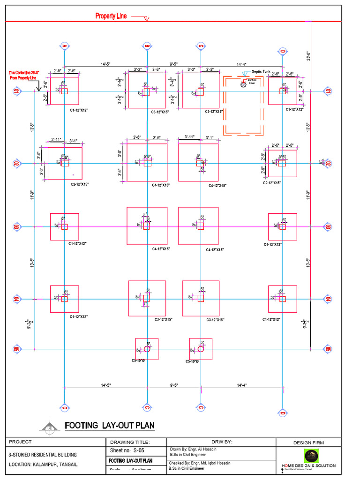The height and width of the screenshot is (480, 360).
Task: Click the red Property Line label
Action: pyautogui.click(x=111, y=16)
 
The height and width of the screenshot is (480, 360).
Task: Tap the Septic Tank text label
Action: pyautogui.click(x=261, y=72)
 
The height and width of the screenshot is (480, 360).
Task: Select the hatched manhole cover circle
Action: pyautogui.click(x=243, y=84)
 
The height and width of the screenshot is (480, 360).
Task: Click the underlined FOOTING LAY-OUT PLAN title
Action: pyautogui.click(x=109, y=426)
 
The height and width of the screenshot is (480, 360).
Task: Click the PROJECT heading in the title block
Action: pyautogui.click(x=20, y=442)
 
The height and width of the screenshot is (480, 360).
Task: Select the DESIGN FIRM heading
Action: pyautogui.click(x=308, y=442)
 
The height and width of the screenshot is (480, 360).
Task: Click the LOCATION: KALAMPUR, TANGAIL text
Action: pyautogui.click(x=44, y=465)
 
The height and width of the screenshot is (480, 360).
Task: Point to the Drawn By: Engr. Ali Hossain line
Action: pyautogui.click(x=196, y=449)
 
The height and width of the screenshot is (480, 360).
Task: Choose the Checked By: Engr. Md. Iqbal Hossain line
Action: pyautogui.click(x=200, y=463)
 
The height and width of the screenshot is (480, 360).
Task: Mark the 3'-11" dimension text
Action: pyautogui.click(x=189, y=137)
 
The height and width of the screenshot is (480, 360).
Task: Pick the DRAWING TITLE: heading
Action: pyautogui.click(x=130, y=442)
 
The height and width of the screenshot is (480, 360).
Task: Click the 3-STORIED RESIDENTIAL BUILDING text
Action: pyautogui.click(x=43, y=454)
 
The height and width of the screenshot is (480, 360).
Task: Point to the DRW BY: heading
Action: pyautogui.click(x=222, y=442)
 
